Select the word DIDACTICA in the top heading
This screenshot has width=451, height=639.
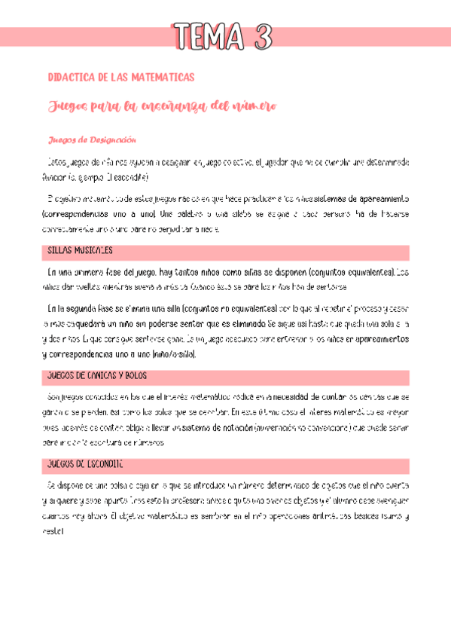pos(70,77)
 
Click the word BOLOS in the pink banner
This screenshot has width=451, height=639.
pos(137,375)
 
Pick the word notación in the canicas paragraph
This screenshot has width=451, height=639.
pos(239,427)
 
